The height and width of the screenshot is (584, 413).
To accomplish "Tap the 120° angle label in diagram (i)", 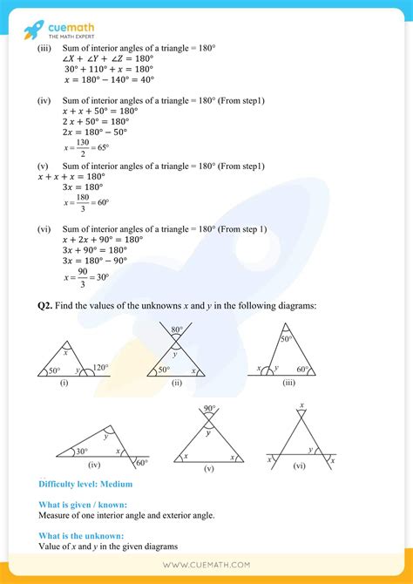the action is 102,368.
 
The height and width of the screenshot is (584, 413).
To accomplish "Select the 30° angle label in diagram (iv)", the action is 81,452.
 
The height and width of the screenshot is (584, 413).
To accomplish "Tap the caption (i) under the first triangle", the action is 64,382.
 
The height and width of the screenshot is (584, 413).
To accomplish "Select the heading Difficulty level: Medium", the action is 85,484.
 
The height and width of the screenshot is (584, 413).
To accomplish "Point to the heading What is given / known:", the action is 83,505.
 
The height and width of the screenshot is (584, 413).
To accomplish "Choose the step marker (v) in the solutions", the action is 43,166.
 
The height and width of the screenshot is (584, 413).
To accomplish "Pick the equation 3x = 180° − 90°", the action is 95,260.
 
